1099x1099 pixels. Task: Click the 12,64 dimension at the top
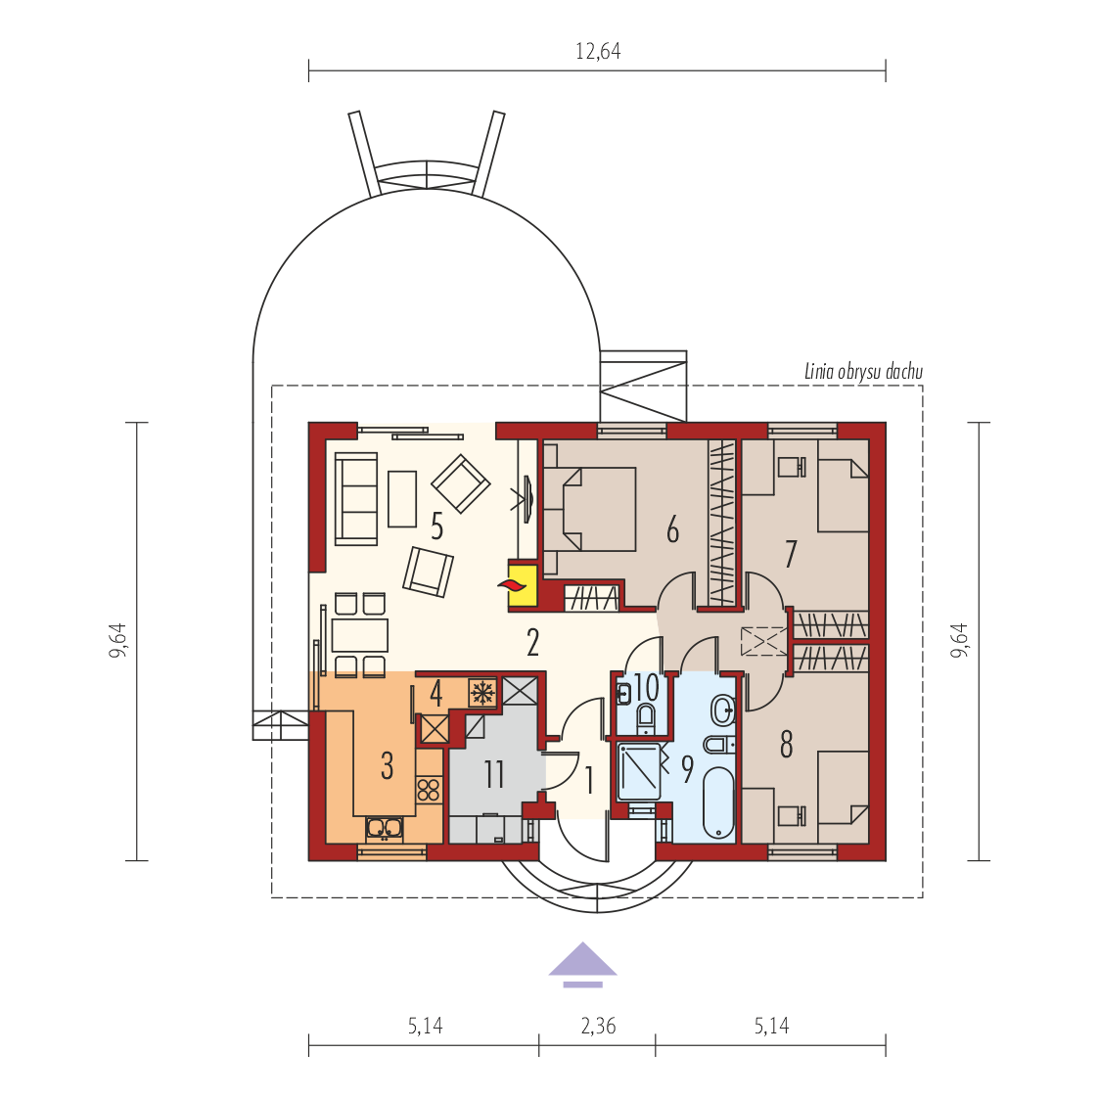(x=598, y=52)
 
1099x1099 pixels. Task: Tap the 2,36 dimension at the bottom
(x=598, y=1027)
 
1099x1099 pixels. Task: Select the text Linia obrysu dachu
(x=863, y=372)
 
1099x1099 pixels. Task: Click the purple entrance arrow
(x=582, y=964)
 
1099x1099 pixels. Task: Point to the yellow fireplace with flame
(x=523, y=585)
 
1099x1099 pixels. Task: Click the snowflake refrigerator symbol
(x=481, y=693)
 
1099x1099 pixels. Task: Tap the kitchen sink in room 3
(x=384, y=828)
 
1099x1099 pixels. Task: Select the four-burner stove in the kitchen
(x=429, y=789)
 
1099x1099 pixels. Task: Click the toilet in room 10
(x=646, y=718)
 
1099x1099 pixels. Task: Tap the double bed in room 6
(x=590, y=510)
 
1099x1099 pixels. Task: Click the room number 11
(x=494, y=774)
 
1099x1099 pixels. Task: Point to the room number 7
(x=791, y=554)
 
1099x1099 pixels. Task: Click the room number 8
(x=787, y=745)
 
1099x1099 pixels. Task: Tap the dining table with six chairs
(x=359, y=635)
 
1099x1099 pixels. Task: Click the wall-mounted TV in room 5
(x=527, y=498)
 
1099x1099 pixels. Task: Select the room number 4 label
(x=435, y=694)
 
